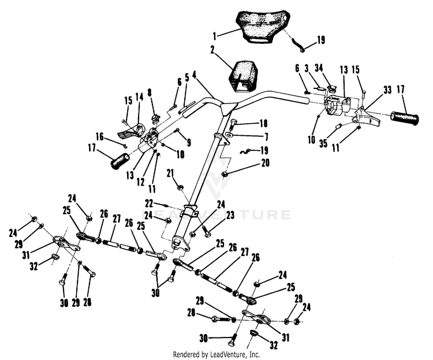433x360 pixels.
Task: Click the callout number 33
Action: tap(387, 90)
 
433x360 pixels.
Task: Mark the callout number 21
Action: tap(170, 172)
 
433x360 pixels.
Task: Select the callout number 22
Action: tap(149, 202)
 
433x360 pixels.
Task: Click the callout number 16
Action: tap(100, 137)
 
